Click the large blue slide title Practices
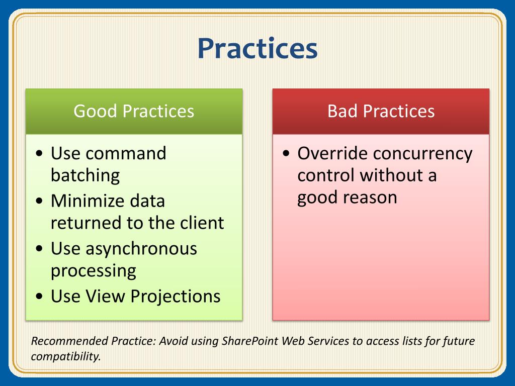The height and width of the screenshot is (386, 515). coord(257,49)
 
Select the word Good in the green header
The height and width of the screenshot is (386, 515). coord(95,111)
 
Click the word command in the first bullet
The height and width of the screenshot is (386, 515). coord(126,153)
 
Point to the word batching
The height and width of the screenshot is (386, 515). coord(85,176)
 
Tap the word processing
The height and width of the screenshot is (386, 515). coord(93,271)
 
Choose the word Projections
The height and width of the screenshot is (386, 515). coord(176,297)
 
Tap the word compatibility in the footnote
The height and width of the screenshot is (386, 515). coord(66,357)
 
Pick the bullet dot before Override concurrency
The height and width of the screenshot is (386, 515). coord(286,153)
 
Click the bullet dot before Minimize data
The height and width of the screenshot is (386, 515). coord(39,201)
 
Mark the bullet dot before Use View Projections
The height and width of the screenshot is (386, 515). coord(39,297)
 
